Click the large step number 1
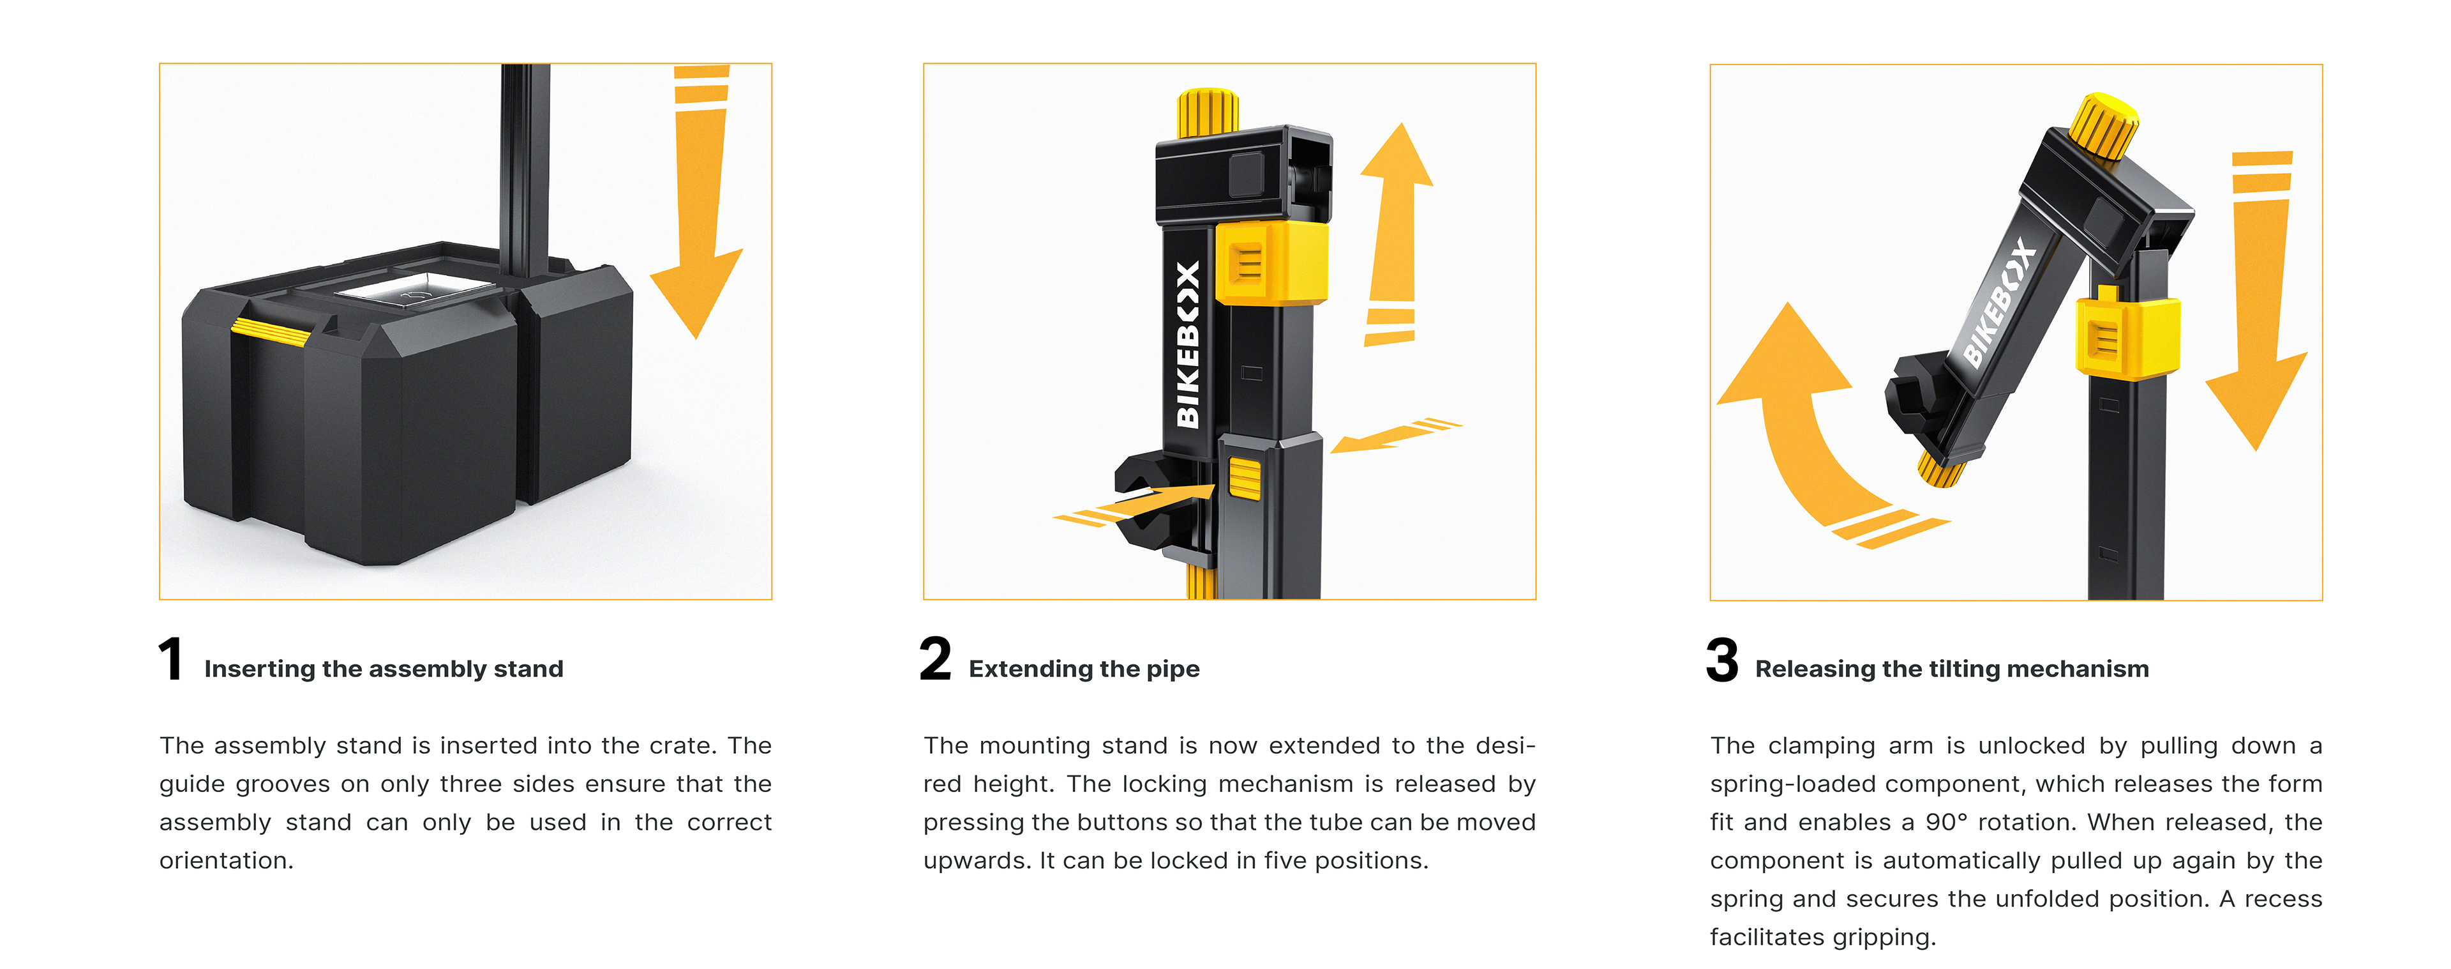click(x=171, y=660)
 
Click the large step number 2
click(x=935, y=660)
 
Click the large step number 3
click(x=1722, y=660)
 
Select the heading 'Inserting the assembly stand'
click(x=384, y=669)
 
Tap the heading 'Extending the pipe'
click(x=1084, y=669)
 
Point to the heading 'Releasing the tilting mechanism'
click(x=1951, y=669)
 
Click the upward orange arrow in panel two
click(x=1394, y=233)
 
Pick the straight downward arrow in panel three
click(x=2259, y=300)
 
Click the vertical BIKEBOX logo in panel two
click(x=1187, y=344)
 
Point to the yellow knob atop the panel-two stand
click(x=1208, y=113)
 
